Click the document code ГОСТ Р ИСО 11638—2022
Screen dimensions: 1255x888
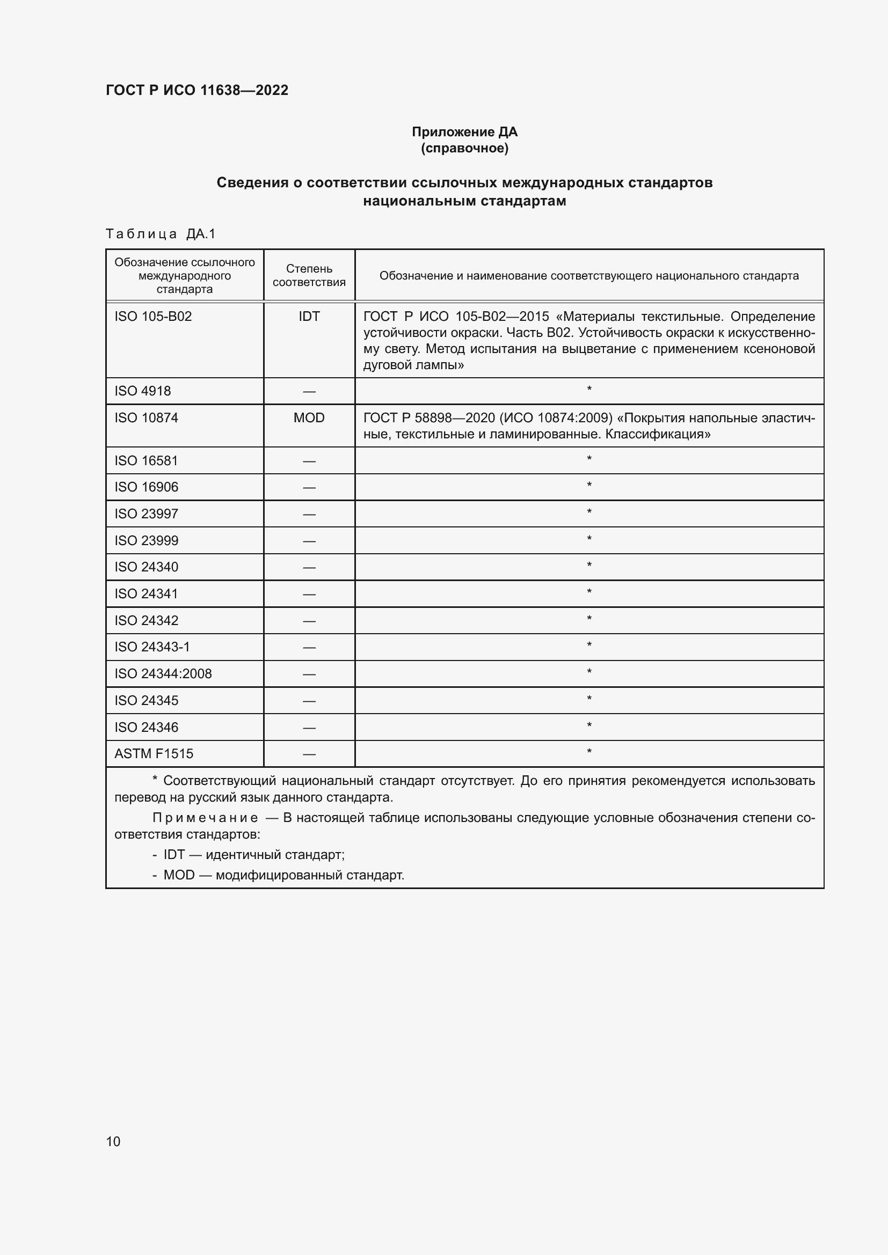[197, 90]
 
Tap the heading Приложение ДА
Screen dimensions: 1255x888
[464, 132]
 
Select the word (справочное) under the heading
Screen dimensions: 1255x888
[464, 148]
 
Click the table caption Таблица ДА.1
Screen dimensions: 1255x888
[161, 234]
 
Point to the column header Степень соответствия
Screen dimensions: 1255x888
[309, 275]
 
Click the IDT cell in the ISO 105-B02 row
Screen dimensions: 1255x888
[309, 317]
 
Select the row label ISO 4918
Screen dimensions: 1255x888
[143, 391]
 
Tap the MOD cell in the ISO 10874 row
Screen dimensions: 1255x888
[309, 418]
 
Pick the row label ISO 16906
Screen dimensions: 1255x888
[147, 487]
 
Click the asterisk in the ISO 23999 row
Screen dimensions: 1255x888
[589, 539]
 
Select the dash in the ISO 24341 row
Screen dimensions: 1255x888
[309, 594]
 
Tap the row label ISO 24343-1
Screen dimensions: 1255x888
[152, 647]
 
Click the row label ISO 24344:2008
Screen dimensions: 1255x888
[163, 674]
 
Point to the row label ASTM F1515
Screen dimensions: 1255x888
[154, 754]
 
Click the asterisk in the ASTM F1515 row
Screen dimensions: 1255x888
[589, 752]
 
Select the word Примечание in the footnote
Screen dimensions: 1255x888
[205, 818]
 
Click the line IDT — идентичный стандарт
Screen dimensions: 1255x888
[254, 854]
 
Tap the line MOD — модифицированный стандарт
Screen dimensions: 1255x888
[283, 875]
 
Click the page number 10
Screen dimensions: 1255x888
[113, 1141]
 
